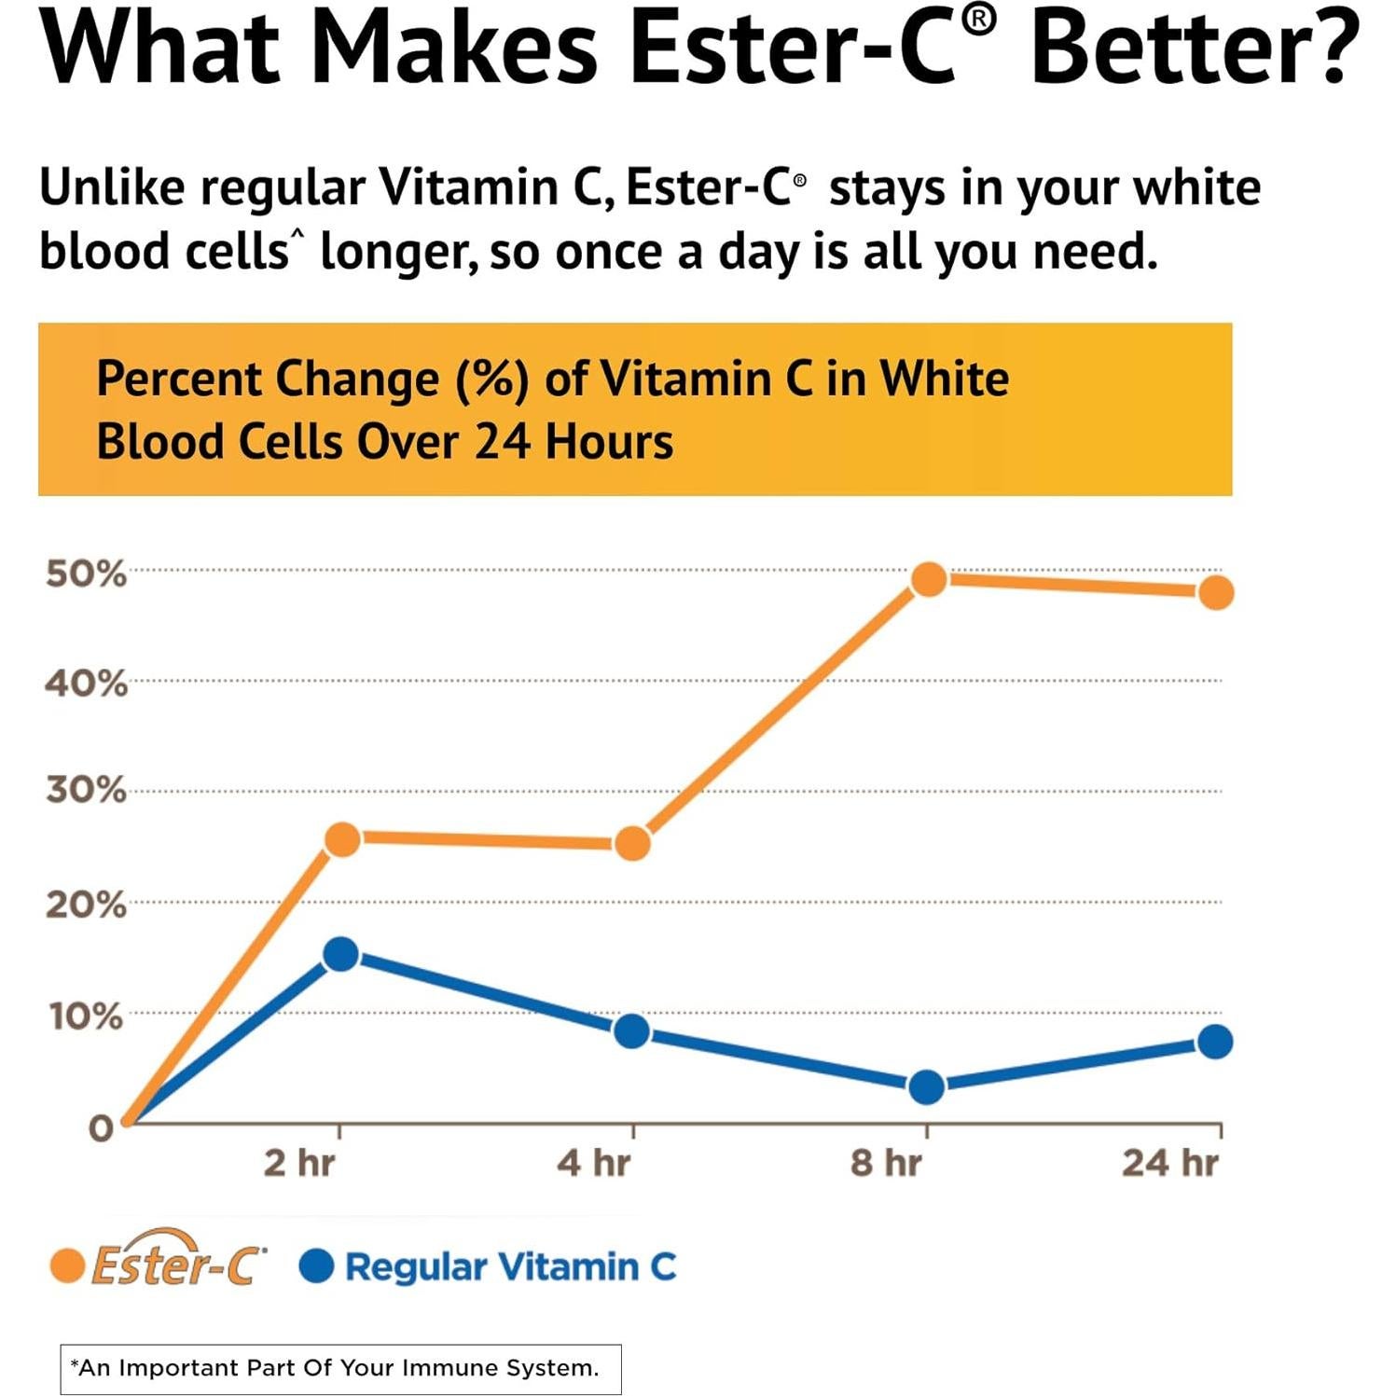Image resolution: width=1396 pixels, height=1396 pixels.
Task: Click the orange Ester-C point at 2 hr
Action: [342, 839]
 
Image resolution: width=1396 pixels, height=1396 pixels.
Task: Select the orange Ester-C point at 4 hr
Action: [632, 843]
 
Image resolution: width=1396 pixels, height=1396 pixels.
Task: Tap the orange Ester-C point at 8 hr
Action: [929, 579]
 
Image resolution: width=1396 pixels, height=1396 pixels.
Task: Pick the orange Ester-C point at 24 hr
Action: [1216, 592]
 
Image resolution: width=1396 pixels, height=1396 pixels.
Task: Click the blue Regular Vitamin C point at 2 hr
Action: [340, 954]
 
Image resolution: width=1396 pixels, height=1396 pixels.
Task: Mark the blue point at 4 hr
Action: [632, 1031]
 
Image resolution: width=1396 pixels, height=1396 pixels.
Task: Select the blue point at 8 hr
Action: [926, 1086]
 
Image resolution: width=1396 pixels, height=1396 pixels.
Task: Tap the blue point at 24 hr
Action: [1215, 1042]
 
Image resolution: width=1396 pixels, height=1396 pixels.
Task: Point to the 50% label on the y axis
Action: [85, 574]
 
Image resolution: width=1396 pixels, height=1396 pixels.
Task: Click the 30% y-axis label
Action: [85, 791]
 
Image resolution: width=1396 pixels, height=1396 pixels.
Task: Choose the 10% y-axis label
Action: [85, 1016]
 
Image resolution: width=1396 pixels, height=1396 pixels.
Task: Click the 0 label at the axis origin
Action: [100, 1128]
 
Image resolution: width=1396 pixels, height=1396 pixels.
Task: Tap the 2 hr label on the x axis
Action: [298, 1163]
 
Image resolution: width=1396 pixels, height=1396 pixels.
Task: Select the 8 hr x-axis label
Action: [885, 1163]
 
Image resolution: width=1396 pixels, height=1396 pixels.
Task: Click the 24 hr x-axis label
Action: [1169, 1163]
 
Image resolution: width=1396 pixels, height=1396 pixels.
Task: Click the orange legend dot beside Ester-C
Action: [67, 1266]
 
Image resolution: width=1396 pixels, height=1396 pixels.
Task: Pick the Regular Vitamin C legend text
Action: [510, 1266]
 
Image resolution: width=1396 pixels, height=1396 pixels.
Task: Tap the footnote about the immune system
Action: [340, 1368]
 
